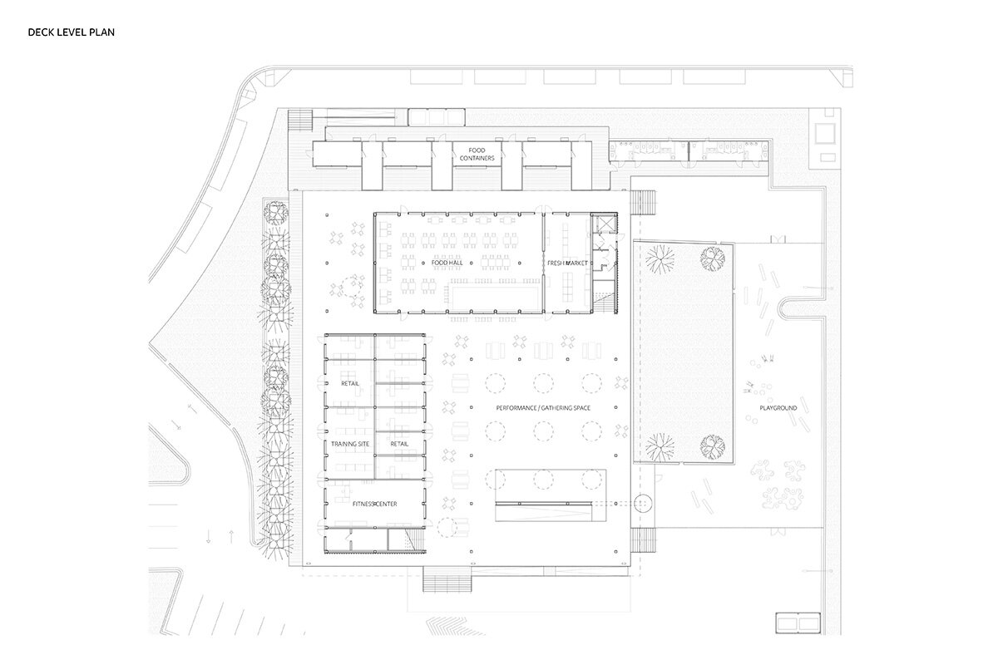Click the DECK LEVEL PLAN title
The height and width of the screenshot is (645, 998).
click(72, 32)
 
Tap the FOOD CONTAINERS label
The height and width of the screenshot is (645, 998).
click(477, 154)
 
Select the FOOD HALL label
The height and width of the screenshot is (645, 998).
click(447, 263)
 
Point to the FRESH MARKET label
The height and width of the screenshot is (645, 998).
click(567, 263)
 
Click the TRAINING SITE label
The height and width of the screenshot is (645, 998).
click(350, 444)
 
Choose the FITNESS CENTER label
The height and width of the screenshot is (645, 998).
click(375, 504)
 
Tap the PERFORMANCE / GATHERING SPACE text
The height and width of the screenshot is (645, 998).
click(543, 408)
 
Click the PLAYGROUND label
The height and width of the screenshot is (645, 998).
click(778, 408)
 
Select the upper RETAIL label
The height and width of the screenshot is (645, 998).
click(350, 383)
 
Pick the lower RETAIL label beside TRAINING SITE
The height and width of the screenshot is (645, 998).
click(399, 444)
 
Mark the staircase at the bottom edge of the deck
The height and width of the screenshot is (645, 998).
click(447, 579)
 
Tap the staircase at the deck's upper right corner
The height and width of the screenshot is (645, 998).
click(643, 203)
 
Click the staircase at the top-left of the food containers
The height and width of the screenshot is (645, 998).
click(300, 120)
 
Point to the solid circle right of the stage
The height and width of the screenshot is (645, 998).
click(643, 504)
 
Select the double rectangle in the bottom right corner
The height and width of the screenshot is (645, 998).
click(798, 623)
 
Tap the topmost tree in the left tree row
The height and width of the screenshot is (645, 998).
click(276, 214)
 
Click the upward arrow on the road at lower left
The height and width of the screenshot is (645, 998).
click(231, 536)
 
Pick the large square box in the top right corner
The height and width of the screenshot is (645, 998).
click(825, 133)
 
